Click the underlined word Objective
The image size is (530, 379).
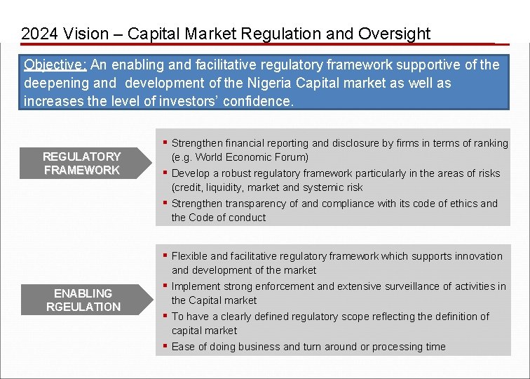(55, 65)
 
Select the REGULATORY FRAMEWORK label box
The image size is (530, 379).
(81, 164)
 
